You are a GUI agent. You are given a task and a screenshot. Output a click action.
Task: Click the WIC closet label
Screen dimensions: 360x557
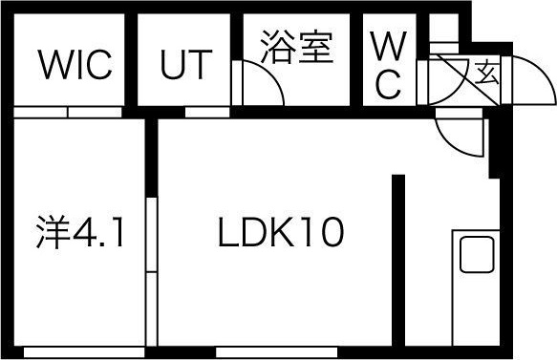(x=75, y=66)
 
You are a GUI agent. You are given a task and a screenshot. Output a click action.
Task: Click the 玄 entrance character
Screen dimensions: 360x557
(x=486, y=72)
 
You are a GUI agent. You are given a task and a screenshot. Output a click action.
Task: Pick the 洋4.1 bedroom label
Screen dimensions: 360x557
(x=80, y=232)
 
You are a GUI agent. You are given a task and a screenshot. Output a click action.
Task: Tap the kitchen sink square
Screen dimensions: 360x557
(x=475, y=255)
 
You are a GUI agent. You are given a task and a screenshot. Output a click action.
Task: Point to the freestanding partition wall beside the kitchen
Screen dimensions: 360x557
(x=398, y=258)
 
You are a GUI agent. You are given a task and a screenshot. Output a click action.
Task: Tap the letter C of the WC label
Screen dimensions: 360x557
(x=387, y=85)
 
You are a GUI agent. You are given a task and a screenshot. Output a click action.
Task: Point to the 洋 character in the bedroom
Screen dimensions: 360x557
(x=50, y=232)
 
